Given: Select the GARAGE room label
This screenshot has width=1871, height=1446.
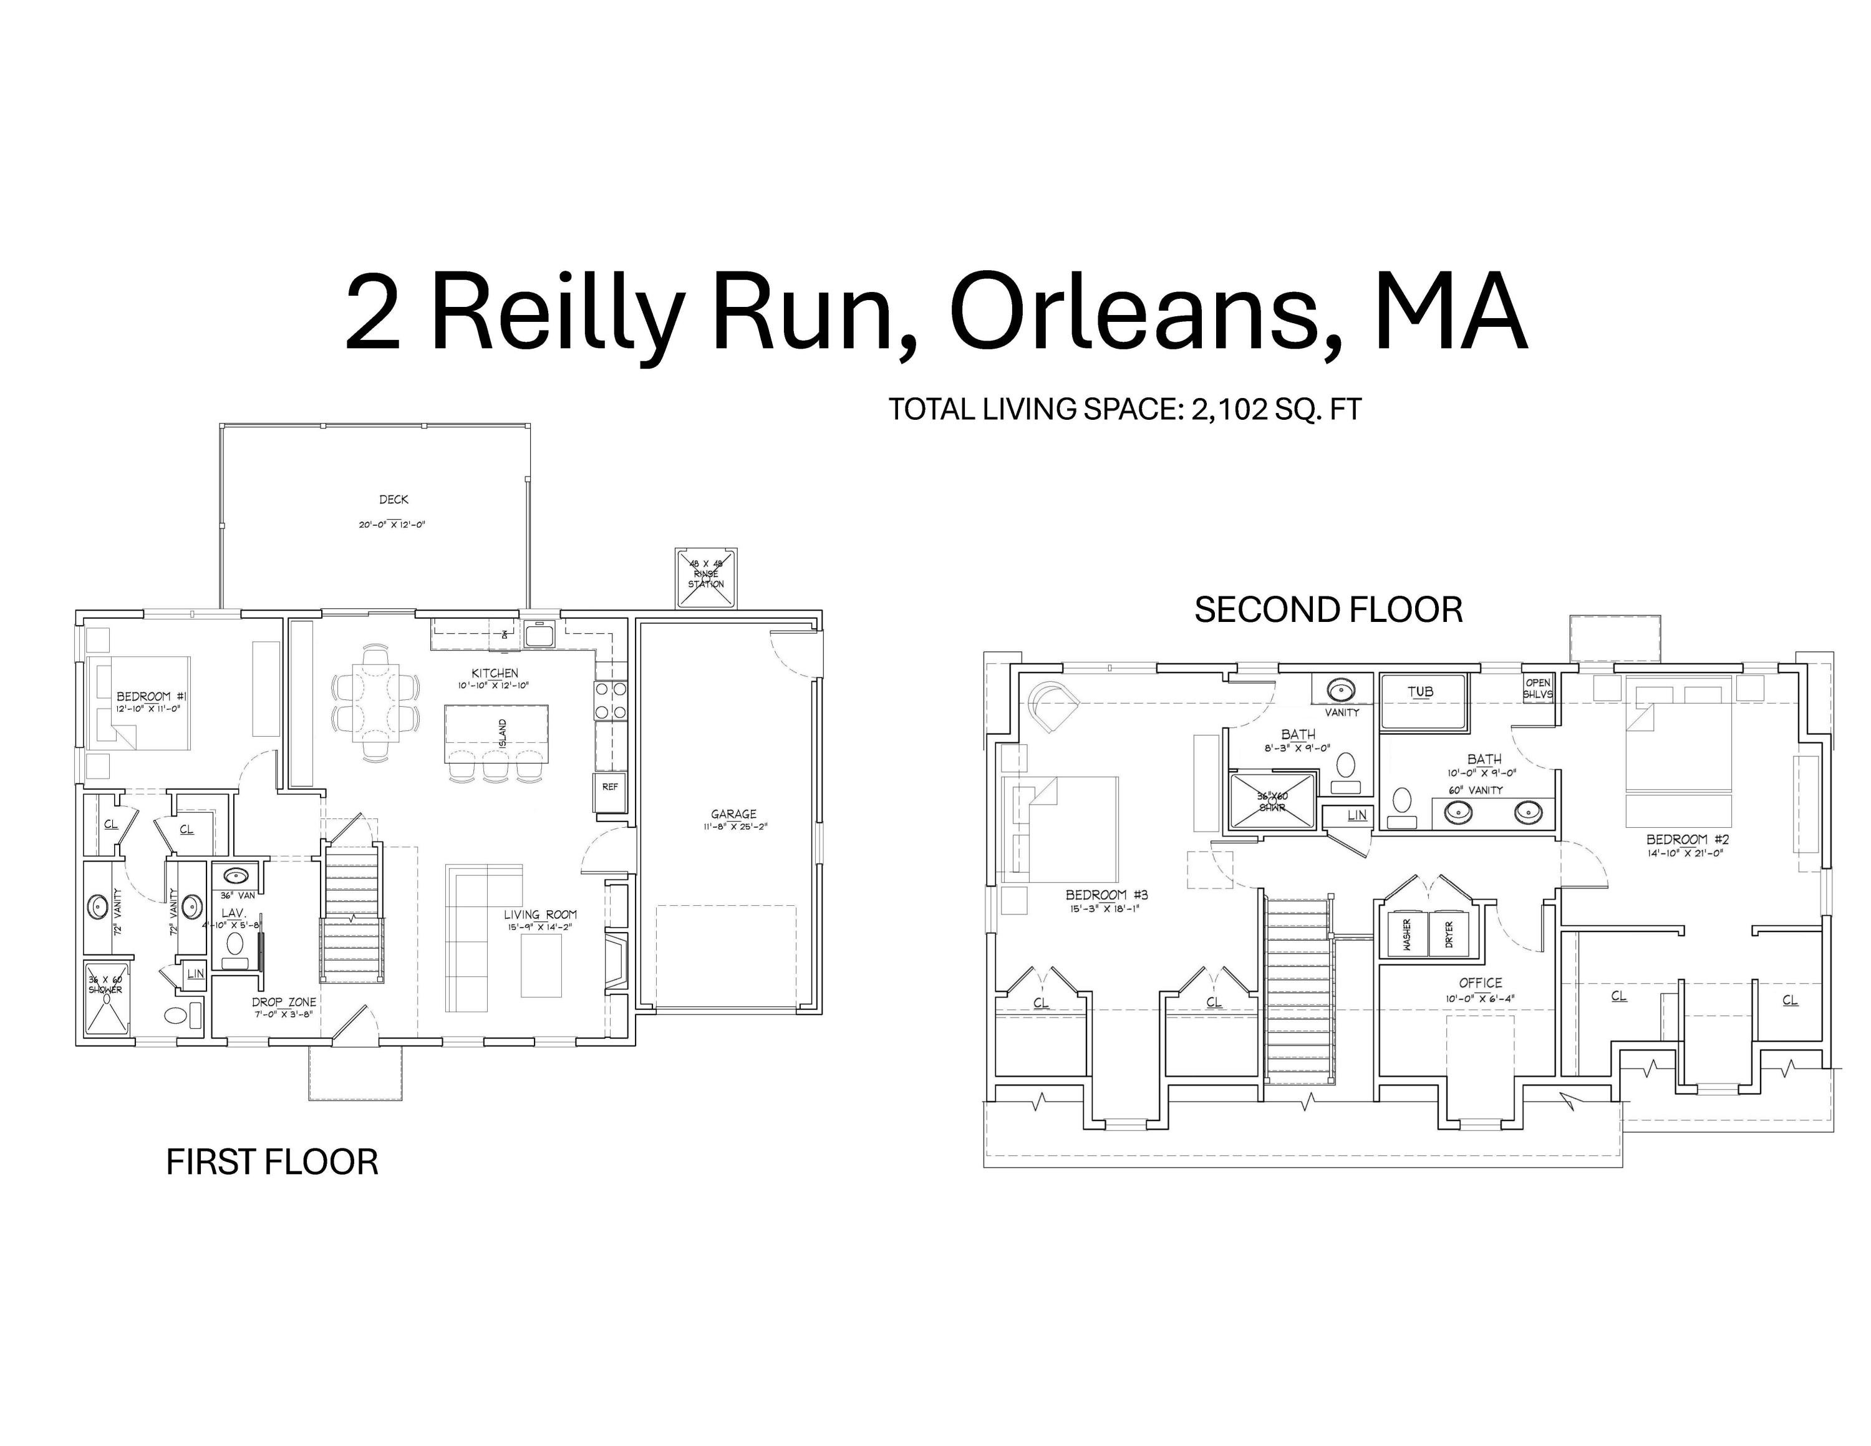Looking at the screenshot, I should tap(733, 814).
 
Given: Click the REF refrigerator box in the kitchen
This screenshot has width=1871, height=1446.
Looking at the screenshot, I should tap(609, 787).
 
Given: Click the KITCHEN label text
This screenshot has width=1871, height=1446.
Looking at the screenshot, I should tap(495, 673).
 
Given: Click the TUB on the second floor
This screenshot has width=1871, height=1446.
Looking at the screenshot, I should tap(1419, 692).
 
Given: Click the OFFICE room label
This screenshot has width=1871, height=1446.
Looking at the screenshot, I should tap(1481, 983).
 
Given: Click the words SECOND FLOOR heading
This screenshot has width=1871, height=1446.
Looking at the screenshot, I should tap(1328, 610).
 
